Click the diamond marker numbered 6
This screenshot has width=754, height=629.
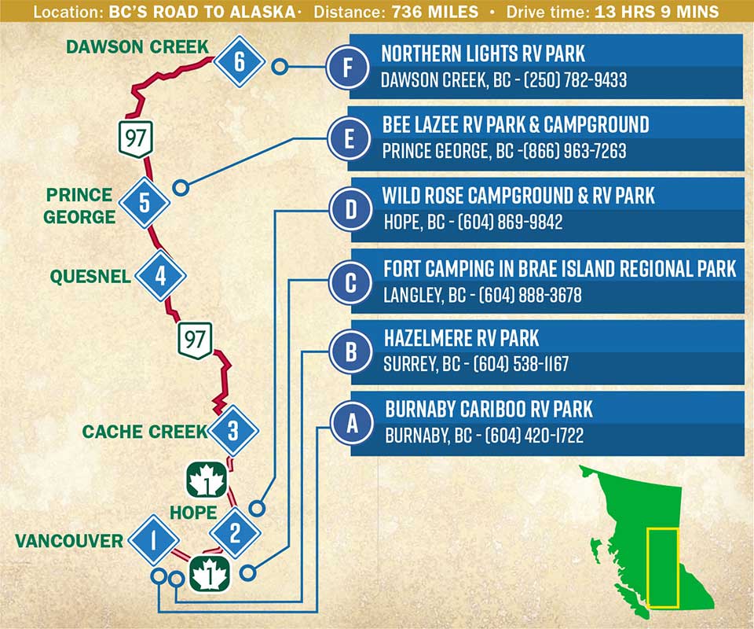coord(239,61)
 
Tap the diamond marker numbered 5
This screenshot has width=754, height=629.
coord(144,203)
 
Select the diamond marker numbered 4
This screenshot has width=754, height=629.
coord(160,276)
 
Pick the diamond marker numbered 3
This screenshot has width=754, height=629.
coord(232,431)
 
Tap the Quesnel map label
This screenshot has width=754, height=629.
coord(90,277)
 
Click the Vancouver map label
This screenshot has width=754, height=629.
coord(69,541)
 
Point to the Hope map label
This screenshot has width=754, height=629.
coord(193,513)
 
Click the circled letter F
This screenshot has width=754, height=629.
coord(348,67)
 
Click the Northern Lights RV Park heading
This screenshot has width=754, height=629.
coord(483,53)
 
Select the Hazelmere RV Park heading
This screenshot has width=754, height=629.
coord(461,338)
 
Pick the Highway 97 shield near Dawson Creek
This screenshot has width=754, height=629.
coord(135,138)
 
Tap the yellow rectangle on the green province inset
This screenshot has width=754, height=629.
coord(662,568)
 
